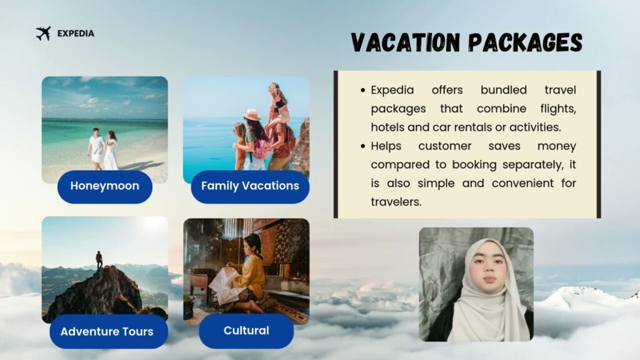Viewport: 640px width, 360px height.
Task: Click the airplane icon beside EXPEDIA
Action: [44, 34]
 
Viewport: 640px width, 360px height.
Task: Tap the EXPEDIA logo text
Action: [76, 34]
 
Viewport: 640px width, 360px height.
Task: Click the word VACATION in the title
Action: [405, 42]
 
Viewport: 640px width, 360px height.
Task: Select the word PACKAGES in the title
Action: [525, 42]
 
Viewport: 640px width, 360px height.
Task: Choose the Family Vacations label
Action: [250, 186]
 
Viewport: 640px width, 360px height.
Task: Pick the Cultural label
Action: [246, 331]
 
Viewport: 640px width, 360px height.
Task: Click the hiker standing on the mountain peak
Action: [99, 259]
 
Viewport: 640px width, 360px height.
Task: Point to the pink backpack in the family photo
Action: [262, 149]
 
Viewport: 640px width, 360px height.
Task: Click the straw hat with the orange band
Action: [252, 115]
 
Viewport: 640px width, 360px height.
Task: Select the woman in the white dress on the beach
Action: [111, 151]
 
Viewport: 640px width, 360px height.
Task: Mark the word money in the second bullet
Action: [557, 146]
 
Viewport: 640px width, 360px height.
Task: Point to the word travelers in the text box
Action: [396, 202]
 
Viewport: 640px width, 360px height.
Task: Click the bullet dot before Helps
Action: [363, 146]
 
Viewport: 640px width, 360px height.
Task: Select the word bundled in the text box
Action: [503, 90]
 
